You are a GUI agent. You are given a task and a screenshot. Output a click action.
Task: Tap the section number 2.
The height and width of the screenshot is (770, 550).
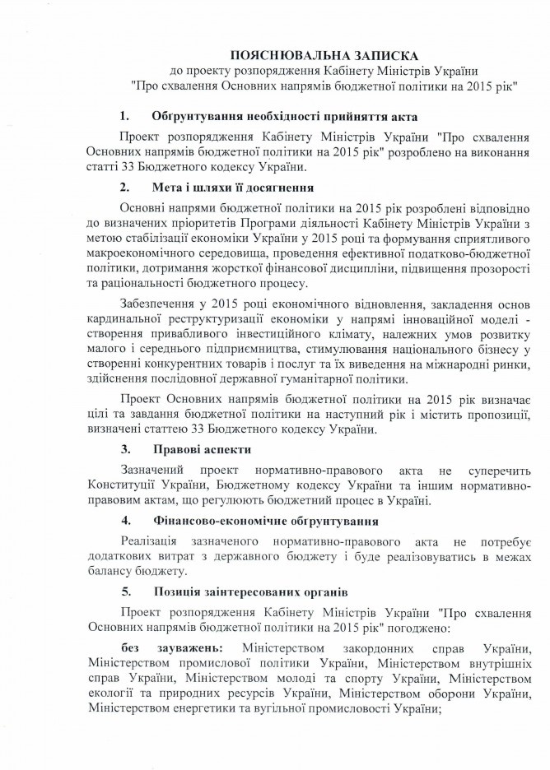[x=125, y=188]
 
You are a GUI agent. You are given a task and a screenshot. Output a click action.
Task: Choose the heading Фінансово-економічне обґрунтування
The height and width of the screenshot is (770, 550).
[x=265, y=521]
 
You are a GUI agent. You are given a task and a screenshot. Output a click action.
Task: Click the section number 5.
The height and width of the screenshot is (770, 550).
[x=125, y=591]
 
